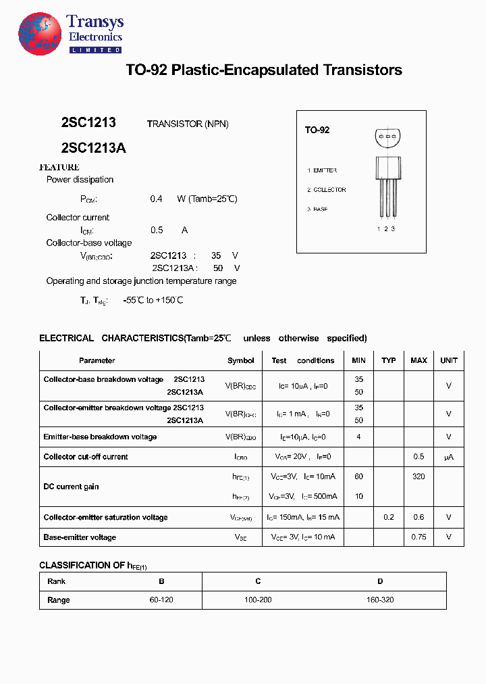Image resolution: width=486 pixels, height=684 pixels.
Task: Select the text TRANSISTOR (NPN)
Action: pyautogui.click(x=188, y=124)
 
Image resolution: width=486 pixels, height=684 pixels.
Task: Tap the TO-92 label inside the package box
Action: pyautogui.click(x=317, y=130)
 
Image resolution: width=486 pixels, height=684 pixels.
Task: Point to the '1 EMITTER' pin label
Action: pyautogui.click(x=322, y=170)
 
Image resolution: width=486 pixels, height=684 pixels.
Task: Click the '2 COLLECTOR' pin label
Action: pyautogui.click(x=327, y=190)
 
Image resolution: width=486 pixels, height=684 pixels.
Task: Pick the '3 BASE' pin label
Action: pyautogui.click(x=318, y=210)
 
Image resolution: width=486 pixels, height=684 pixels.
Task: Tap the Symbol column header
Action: pyautogui.click(x=241, y=360)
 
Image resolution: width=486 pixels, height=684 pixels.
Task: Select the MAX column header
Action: pyautogui.click(x=418, y=360)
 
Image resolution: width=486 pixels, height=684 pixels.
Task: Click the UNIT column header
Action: pyautogui.click(x=449, y=360)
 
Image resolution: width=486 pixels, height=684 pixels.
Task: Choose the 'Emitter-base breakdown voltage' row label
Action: pyautogui.click(x=100, y=437)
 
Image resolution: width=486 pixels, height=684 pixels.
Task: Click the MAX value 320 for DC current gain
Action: pyautogui.click(x=418, y=477)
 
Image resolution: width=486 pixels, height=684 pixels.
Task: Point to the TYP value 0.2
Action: pyautogui.click(x=389, y=517)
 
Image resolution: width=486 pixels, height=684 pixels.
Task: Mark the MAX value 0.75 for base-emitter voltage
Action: pyautogui.click(x=418, y=537)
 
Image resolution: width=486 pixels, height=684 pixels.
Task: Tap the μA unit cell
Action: pyautogui.click(x=449, y=457)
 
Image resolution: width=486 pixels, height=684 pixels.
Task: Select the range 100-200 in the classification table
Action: pyautogui.click(x=258, y=600)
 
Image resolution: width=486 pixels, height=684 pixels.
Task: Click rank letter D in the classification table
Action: pyautogui.click(x=380, y=581)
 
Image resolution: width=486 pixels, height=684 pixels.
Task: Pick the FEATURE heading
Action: pyautogui.click(x=59, y=167)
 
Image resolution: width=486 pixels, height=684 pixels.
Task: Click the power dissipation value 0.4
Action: pyautogui.click(x=157, y=199)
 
